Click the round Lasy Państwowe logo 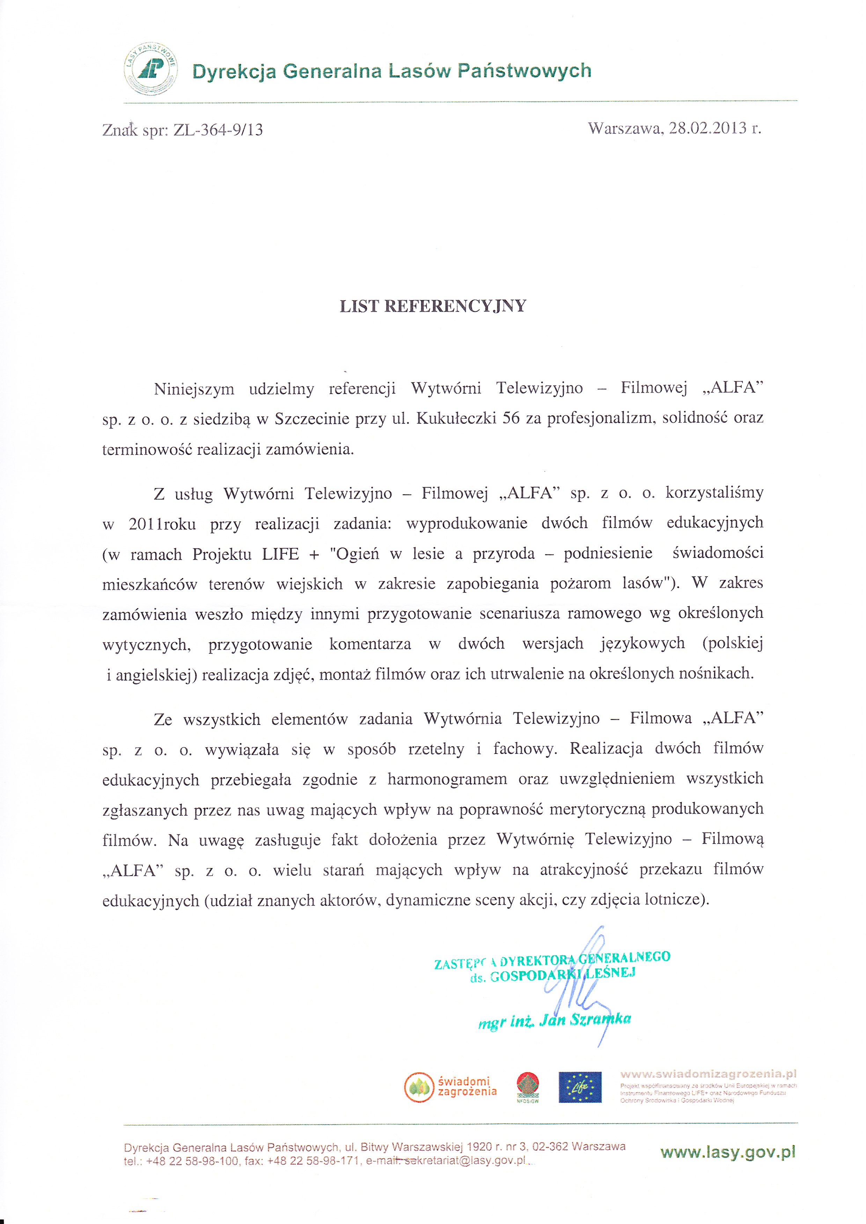151,70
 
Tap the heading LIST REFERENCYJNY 433,306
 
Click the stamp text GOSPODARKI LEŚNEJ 563,975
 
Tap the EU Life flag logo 580,1087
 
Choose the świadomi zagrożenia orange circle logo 419,1086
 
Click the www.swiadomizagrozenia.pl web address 708,1074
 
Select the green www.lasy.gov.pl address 727,1152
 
